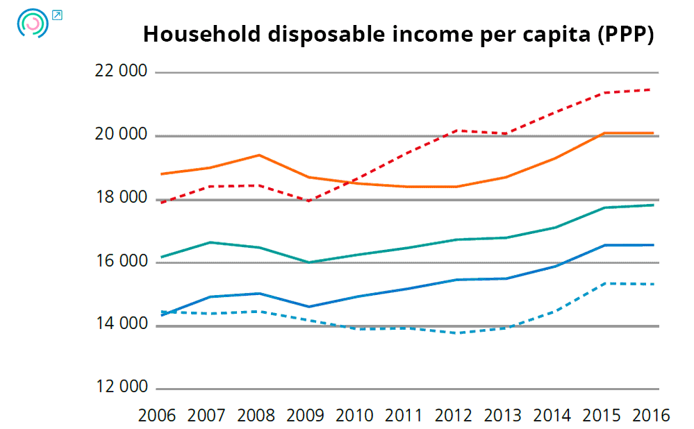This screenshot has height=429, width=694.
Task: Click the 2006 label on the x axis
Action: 157,416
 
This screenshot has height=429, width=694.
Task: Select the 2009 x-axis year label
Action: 305,416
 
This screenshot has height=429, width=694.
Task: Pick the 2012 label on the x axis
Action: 454,416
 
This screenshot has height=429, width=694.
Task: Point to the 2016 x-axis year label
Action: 651,416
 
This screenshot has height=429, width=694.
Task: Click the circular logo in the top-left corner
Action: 32,24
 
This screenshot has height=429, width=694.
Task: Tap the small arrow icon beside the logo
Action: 58,15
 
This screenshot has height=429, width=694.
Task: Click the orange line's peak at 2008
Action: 259,155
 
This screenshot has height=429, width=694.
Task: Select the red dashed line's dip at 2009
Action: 308,201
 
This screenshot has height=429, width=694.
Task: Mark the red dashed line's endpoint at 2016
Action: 650,90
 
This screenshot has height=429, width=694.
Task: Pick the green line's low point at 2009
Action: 308,262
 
